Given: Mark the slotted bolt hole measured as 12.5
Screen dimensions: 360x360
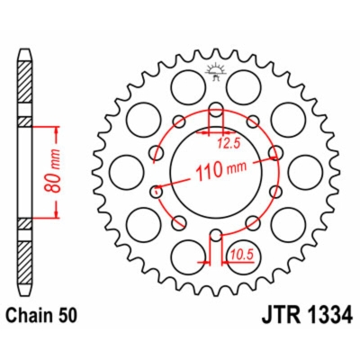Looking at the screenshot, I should coord(216,115).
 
